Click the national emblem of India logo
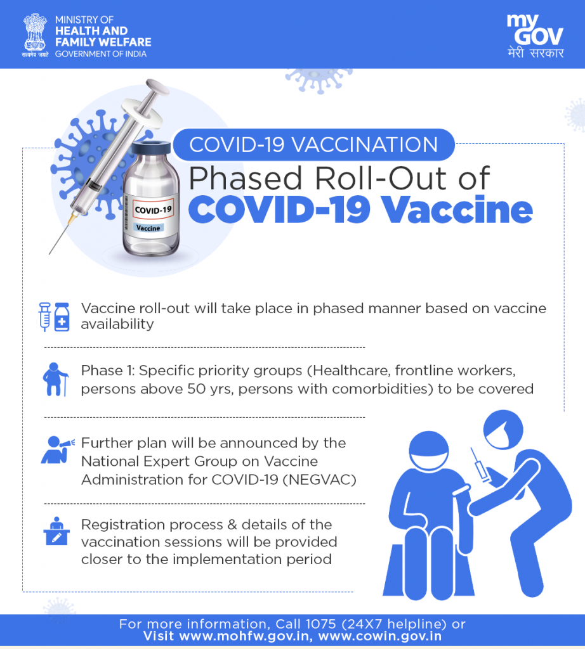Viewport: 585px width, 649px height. tap(35, 35)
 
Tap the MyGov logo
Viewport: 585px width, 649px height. tap(535, 36)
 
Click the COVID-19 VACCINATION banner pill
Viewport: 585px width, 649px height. tap(313, 145)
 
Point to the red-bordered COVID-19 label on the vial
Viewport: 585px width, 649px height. tap(152, 209)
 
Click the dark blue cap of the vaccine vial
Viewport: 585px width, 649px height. tap(151, 148)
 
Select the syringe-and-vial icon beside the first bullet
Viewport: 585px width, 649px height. tap(55, 317)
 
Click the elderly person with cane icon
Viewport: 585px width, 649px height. tap(55, 379)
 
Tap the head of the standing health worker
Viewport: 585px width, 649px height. tap(503, 430)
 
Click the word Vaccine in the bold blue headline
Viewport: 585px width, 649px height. tap(457, 210)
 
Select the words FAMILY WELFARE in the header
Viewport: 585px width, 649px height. tap(103, 42)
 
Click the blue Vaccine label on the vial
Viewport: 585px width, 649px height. tap(148, 228)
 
